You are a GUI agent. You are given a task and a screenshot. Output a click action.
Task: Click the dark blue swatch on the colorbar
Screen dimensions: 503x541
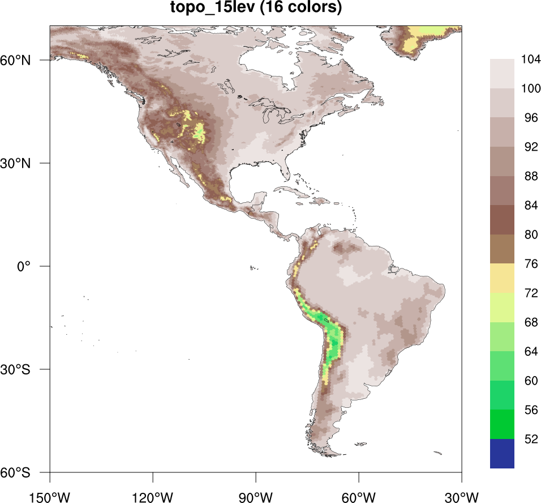pos(502,454)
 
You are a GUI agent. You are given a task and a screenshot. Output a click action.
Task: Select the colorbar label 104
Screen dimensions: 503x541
pos(531,59)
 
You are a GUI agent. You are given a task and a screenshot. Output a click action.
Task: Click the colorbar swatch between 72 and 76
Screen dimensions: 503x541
pos(502,278)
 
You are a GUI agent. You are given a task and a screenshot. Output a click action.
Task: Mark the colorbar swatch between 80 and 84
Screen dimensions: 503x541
pos(502,219)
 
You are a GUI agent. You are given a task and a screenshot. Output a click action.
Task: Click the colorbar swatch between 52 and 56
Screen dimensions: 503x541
pos(502,424)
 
